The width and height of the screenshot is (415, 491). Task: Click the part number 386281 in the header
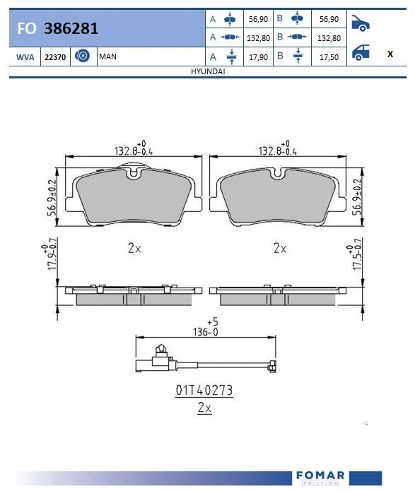pyautogui.click(x=71, y=29)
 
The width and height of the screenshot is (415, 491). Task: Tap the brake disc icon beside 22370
pyautogui.click(x=81, y=56)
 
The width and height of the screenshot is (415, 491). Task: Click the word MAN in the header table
pyautogui.click(x=108, y=56)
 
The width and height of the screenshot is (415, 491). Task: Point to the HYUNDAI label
pyautogui.click(x=208, y=72)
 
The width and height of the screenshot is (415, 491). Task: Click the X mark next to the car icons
pyautogui.click(x=390, y=54)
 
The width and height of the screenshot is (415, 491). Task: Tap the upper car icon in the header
pyautogui.click(x=361, y=24)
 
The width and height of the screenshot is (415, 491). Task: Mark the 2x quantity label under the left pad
pyautogui.click(x=135, y=249)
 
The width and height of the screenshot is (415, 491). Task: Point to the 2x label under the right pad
pyautogui.click(x=280, y=249)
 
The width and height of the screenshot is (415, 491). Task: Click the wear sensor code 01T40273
pyautogui.click(x=204, y=390)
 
